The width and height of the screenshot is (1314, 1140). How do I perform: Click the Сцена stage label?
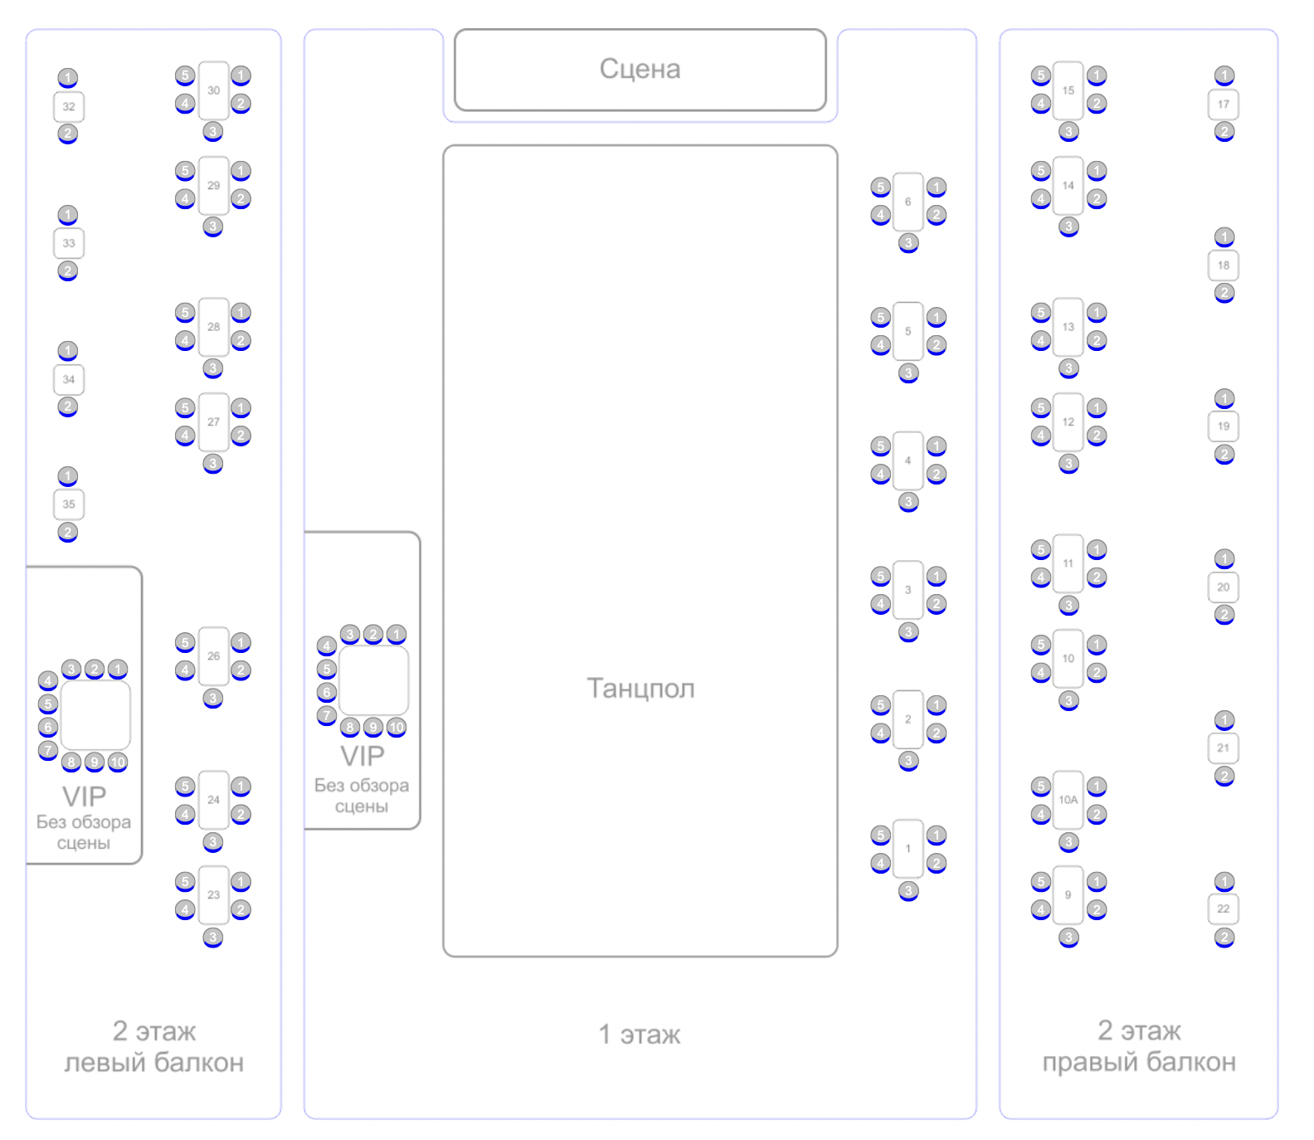click(640, 69)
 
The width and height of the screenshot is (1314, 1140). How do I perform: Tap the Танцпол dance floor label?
click(640, 688)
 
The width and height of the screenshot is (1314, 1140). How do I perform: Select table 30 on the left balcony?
click(213, 90)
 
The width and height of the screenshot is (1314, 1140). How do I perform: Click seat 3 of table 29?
click(213, 227)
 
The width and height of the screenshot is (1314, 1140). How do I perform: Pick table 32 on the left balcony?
click(69, 106)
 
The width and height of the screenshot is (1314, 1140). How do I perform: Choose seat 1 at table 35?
click(68, 476)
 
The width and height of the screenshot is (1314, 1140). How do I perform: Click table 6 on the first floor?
click(908, 202)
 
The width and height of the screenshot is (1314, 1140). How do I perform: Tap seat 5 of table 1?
click(880, 835)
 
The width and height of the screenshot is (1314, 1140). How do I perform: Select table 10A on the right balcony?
click(1068, 800)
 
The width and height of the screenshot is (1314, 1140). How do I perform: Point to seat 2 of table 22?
click(1224, 938)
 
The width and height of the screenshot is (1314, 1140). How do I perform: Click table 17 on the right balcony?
click(1223, 104)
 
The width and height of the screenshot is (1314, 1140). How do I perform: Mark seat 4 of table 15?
click(1040, 104)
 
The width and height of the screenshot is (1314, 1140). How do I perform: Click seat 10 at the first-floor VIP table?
click(397, 728)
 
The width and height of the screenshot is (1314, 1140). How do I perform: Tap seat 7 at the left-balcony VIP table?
click(48, 750)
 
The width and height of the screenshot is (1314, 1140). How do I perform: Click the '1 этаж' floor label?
click(640, 1035)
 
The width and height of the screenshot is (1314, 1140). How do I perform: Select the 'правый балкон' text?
click(1139, 1062)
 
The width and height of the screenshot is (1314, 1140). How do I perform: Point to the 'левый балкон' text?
click(154, 1063)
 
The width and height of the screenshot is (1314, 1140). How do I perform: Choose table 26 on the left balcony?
click(213, 655)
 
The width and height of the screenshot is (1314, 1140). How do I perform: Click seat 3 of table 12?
click(1068, 463)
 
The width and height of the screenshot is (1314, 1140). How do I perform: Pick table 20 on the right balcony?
click(1223, 587)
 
